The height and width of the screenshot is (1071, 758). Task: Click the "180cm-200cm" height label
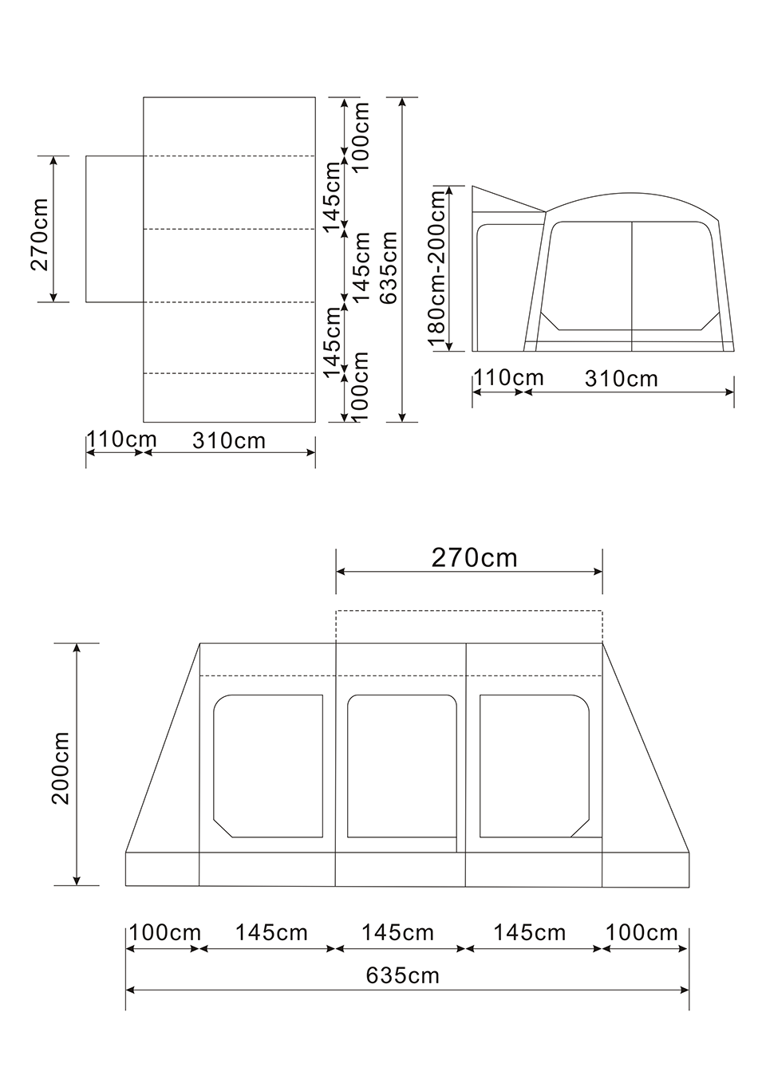point(438,268)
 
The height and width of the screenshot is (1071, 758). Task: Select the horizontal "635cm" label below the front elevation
point(402,976)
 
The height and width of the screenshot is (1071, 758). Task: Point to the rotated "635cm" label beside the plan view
point(388,267)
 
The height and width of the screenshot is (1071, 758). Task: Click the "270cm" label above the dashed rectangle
point(475,557)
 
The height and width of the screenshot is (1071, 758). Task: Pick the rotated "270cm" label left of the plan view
point(40,234)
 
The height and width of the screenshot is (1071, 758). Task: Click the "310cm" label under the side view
point(622,379)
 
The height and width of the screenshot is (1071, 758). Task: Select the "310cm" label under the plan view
point(228,441)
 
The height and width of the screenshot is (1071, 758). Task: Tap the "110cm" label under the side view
point(509,378)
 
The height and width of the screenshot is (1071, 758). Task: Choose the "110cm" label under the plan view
point(121,439)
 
